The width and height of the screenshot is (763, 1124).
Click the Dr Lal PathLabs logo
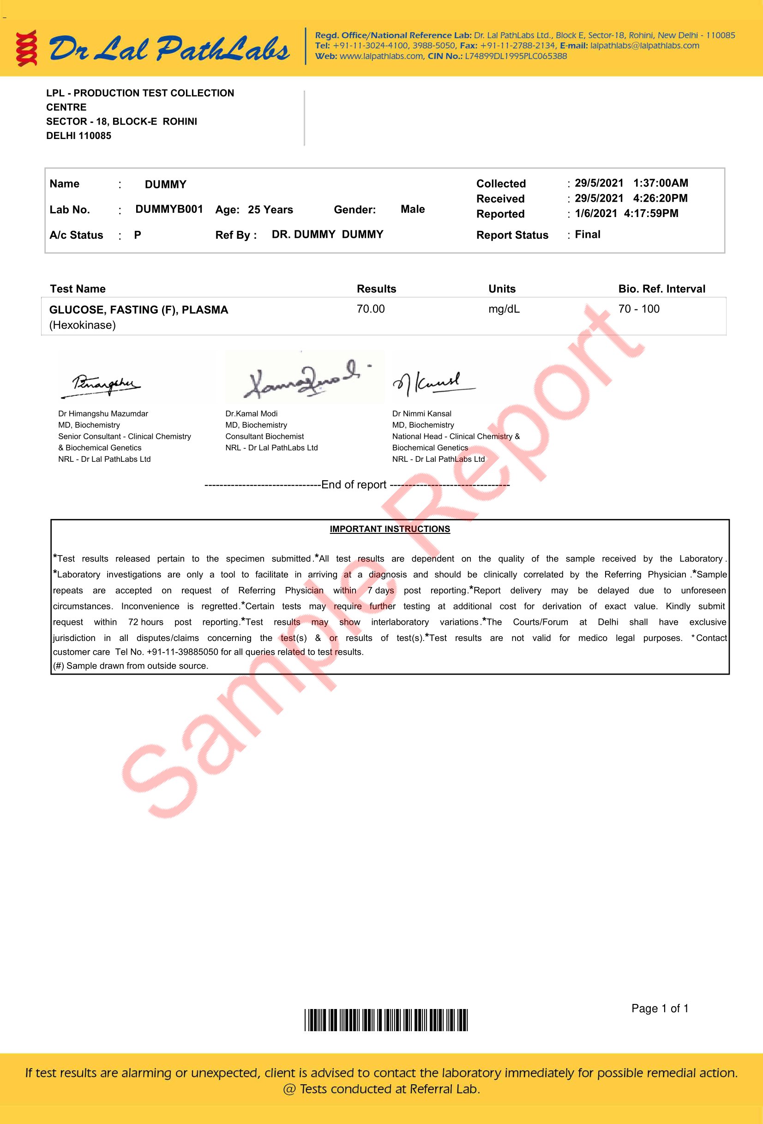pyautogui.click(x=153, y=48)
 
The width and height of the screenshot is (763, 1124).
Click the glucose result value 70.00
pyautogui.click(x=370, y=309)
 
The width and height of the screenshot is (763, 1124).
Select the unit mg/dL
pyautogui.click(x=504, y=309)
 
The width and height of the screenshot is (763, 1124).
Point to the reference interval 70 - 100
pyautogui.click(x=638, y=309)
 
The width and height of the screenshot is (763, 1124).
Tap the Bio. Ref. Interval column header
pyautogui.click(x=661, y=289)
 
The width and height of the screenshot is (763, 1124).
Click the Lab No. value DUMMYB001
pyautogui.click(x=169, y=209)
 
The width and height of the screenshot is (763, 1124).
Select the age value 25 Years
pyautogui.click(x=270, y=209)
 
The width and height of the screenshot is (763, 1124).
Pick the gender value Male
pyautogui.click(x=413, y=209)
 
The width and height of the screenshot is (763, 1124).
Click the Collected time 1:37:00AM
pyautogui.click(x=661, y=183)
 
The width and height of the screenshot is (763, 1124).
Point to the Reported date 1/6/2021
pyautogui.click(x=596, y=213)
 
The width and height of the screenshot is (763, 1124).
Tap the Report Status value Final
pyautogui.click(x=588, y=235)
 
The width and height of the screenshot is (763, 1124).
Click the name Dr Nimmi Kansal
pyautogui.click(x=421, y=413)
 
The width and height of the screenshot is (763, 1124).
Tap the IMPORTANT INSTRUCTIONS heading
pyautogui.click(x=390, y=529)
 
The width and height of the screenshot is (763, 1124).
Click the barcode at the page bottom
pyautogui.click(x=386, y=1021)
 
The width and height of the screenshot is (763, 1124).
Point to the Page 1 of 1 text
pyautogui.click(x=660, y=1009)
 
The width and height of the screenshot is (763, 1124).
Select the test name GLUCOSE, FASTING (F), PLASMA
pyautogui.click(x=138, y=309)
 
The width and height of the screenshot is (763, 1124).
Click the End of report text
pyautogui.click(x=354, y=484)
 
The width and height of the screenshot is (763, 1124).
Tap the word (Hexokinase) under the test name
pyautogui.click(x=82, y=325)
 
